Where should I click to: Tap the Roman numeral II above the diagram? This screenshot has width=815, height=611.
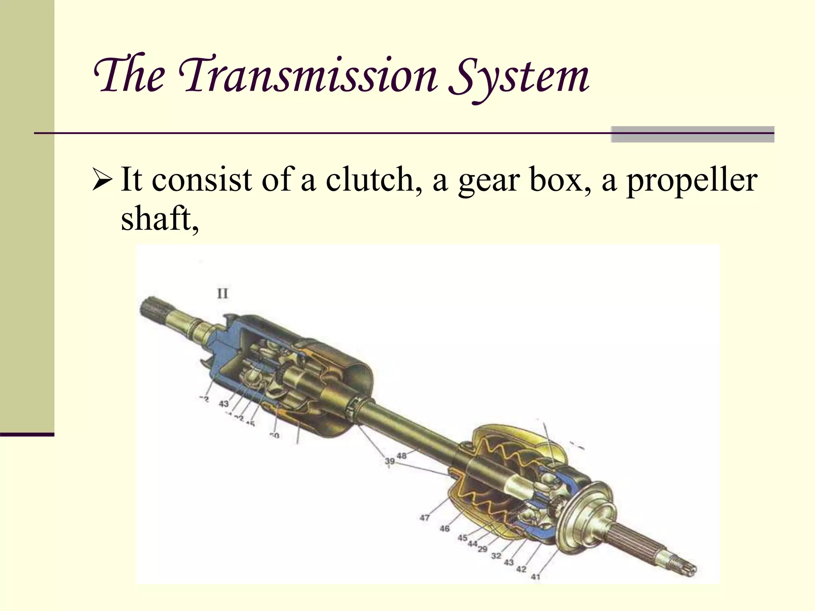pos(222,294)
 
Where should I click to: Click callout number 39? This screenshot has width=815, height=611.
pos(390,461)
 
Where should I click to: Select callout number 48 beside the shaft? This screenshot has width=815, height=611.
pos(402,455)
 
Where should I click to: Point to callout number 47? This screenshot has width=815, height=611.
pos(425,518)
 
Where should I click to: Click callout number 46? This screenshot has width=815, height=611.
pos(445,528)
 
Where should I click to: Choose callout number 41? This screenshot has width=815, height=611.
pos(536,576)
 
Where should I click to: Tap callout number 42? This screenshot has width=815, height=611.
pos(521,569)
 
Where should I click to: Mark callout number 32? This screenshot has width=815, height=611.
pos(496,556)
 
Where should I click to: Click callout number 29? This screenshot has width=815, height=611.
pos(482,549)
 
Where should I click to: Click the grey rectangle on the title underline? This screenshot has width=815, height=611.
pos(692,134)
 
